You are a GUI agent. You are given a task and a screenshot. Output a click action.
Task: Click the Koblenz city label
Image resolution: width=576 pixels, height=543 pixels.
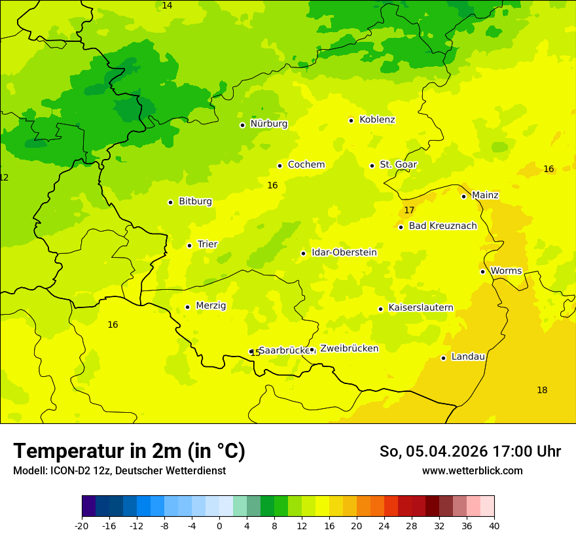[x=377, y=120]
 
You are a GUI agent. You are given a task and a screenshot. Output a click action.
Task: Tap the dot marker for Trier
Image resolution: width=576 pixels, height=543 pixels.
[x=189, y=245]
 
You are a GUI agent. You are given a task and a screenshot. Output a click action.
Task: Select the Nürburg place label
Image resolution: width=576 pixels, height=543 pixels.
[x=268, y=124]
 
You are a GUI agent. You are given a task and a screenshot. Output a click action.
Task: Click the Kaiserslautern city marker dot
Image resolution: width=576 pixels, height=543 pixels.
[x=380, y=309]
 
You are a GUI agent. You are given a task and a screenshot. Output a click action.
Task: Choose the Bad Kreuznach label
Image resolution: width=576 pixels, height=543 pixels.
[x=442, y=226]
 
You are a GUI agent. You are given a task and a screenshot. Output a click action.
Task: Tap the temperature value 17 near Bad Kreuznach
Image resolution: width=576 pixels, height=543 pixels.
[x=409, y=210]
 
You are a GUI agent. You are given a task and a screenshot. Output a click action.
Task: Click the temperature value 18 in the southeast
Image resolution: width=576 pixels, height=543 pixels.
[x=542, y=391]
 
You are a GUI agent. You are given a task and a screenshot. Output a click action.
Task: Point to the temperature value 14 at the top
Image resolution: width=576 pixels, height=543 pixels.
[x=167, y=5]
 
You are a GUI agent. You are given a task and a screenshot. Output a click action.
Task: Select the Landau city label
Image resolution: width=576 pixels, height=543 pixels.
[x=468, y=357]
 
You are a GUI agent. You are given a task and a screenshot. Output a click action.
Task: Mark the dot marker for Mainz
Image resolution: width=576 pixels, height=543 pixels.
[x=463, y=196]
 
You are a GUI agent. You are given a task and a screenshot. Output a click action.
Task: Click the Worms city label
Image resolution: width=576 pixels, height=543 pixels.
[x=506, y=271]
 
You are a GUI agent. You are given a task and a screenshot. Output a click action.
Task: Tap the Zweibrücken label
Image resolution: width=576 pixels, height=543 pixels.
[x=349, y=349]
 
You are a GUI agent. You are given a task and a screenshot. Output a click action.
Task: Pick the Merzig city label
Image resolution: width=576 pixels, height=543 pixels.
[x=211, y=306]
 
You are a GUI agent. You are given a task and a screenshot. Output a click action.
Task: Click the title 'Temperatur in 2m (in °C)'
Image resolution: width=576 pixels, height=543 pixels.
[x=129, y=451]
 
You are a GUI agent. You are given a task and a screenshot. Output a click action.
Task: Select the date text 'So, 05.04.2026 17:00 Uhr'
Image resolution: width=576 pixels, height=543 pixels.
[x=470, y=451]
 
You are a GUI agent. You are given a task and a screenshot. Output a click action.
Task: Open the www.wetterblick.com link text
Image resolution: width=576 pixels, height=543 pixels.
[x=472, y=471]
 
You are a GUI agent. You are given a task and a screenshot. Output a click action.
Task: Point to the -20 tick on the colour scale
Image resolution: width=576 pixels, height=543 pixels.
[x=82, y=526]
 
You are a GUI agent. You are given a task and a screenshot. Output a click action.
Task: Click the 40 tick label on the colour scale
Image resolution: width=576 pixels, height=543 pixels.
[x=494, y=526]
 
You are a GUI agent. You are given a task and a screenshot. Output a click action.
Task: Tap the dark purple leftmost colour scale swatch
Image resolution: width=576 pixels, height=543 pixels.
[x=88, y=506]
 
